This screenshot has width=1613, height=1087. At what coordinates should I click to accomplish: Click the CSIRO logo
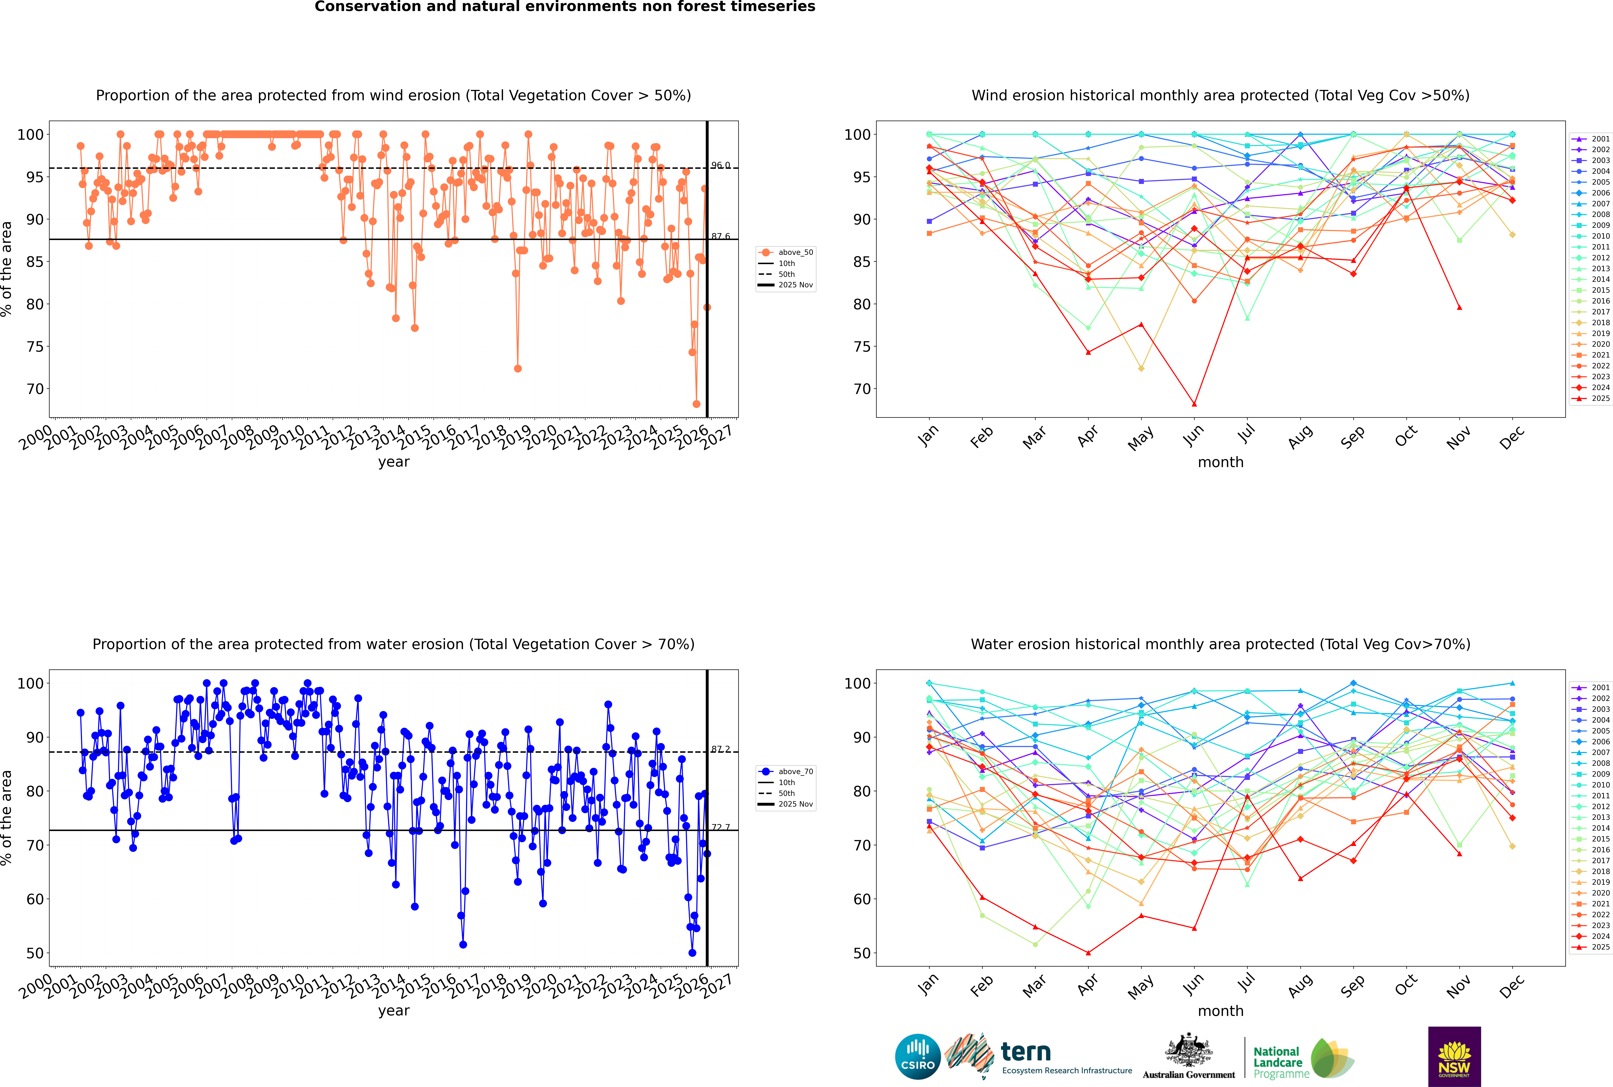(x=917, y=1057)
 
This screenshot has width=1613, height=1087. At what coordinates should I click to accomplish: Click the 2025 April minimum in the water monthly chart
(x=1088, y=952)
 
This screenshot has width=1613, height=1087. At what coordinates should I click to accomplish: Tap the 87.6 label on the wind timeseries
(x=721, y=236)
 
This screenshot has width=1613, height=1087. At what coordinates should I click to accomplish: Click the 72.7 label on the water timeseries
(x=721, y=827)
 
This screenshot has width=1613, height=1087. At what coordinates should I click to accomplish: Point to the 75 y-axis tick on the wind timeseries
(x=35, y=347)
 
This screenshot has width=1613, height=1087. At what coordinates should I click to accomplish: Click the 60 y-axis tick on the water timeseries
(x=35, y=899)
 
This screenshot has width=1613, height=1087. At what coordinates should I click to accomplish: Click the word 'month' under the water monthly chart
(x=1220, y=1011)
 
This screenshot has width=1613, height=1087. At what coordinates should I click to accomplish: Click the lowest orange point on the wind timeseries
(x=696, y=404)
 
